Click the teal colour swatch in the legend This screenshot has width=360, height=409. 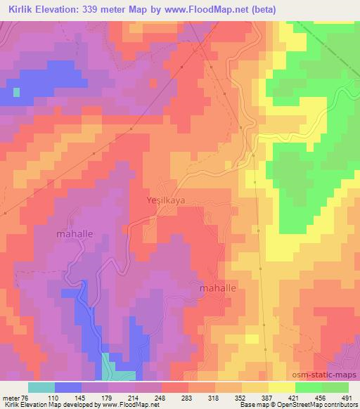(41, 387)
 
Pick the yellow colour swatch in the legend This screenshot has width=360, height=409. (282, 387)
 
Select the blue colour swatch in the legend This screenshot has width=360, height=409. (67, 387)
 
